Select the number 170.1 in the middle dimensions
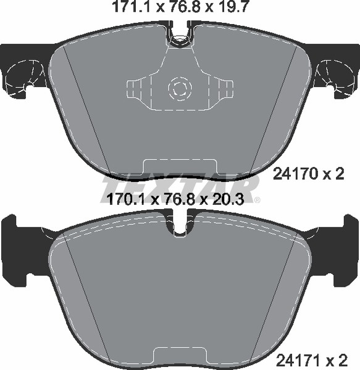tap(128, 200)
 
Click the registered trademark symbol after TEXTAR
tap(257, 200)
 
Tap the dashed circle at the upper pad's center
tap(180, 88)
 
